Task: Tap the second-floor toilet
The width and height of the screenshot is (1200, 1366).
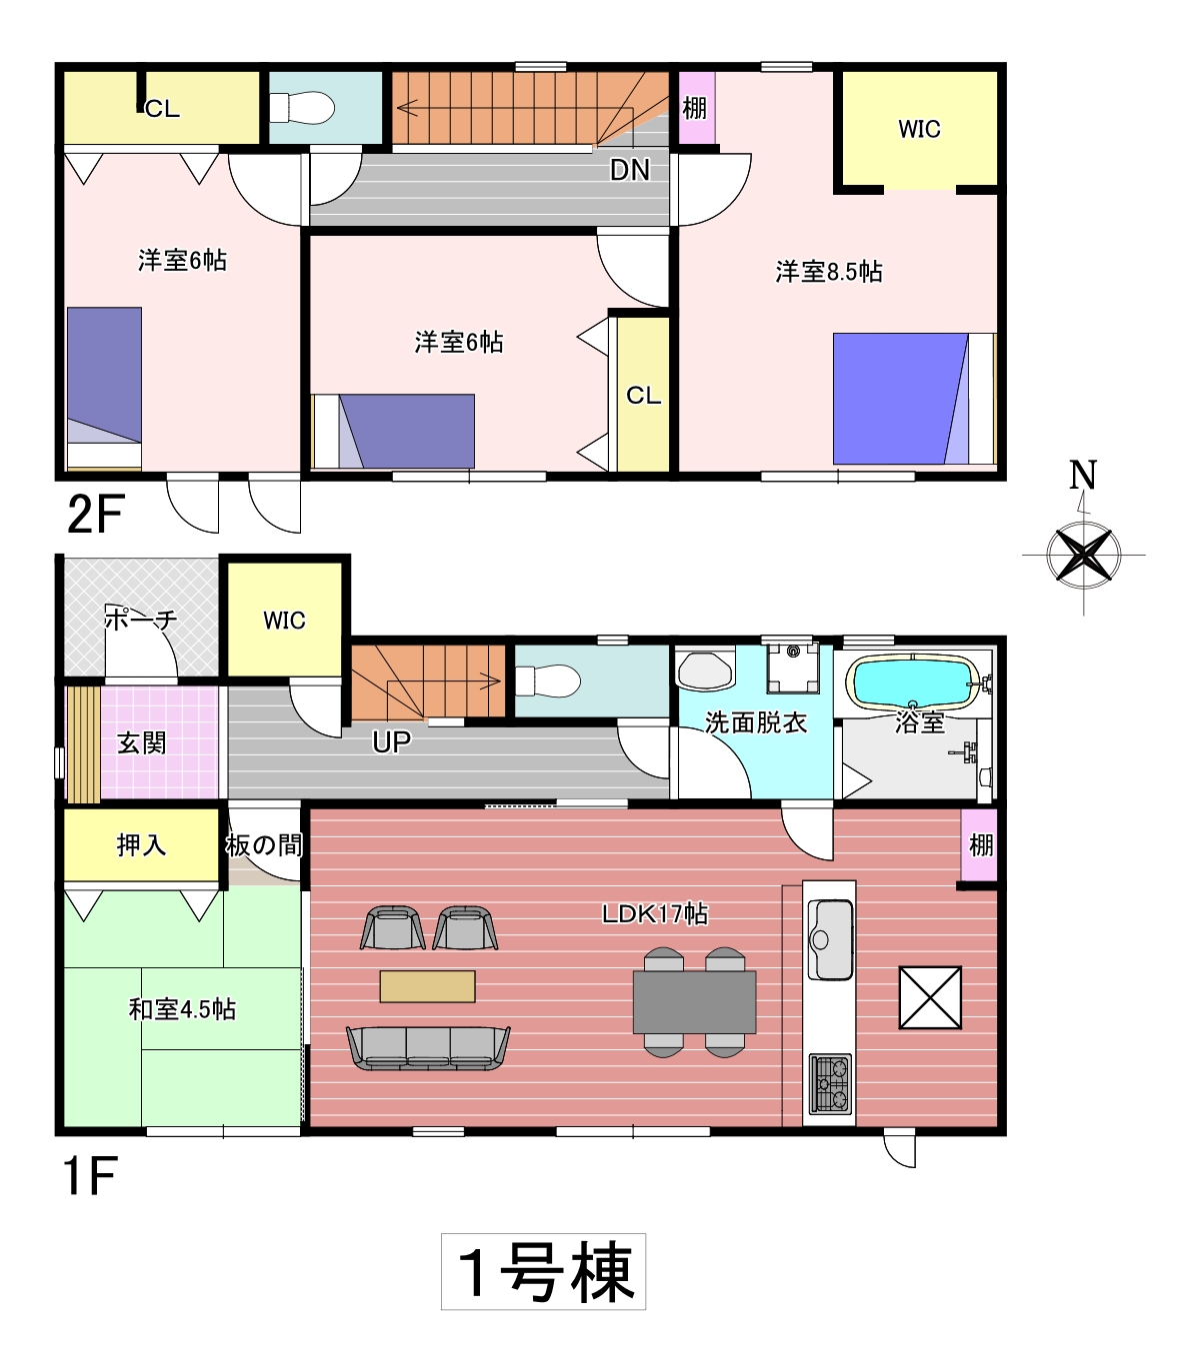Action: tap(302, 107)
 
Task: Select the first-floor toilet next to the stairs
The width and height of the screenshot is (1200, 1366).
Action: tap(547, 681)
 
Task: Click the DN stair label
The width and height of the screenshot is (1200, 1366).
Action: tap(630, 170)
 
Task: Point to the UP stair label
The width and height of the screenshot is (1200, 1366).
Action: tap(391, 742)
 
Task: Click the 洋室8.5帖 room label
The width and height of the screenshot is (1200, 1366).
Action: tap(829, 272)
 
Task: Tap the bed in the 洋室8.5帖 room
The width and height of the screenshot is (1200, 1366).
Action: tap(915, 399)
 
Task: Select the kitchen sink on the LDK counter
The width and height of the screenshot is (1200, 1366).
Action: tap(830, 938)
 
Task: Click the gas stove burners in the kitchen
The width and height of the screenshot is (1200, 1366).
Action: tap(830, 1084)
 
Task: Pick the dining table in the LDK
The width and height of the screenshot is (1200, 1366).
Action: tap(694, 1002)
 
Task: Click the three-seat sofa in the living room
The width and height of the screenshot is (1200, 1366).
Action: tap(428, 1048)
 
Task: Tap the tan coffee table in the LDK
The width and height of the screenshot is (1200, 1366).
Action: tap(427, 986)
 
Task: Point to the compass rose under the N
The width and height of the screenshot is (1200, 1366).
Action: tap(1083, 555)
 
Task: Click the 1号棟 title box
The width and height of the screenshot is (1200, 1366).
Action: tap(543, 1272)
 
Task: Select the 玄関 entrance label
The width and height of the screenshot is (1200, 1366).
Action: tap(142, 743)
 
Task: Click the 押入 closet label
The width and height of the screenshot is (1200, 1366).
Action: tap(141, 844)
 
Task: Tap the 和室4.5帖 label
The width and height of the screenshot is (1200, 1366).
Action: tap(182, 1009)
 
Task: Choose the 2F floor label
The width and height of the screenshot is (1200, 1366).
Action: tap(96, 514)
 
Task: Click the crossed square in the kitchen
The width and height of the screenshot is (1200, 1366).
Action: tap(930, 998)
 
